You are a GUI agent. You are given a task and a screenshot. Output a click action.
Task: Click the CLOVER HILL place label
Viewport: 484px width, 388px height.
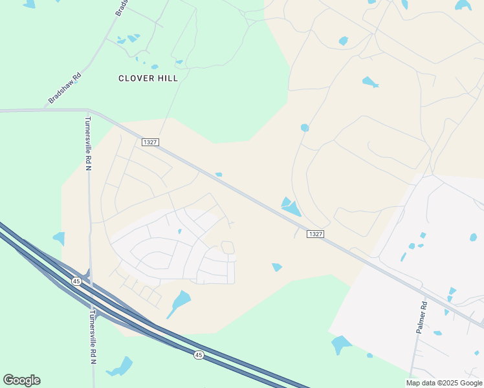click(x=148, y=78)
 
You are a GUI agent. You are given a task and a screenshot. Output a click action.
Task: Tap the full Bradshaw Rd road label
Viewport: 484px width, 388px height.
click(x=65, y=89)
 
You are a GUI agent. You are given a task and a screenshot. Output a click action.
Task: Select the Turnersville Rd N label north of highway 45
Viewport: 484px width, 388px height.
click(x=89, y=144)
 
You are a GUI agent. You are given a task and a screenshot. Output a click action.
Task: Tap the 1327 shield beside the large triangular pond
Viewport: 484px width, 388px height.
click(x=315, y=234)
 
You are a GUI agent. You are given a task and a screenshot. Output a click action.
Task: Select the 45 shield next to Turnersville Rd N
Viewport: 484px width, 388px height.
click(x=76, y=281)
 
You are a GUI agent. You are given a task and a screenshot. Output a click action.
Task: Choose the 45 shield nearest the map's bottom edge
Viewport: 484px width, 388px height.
click(x=199, y=354)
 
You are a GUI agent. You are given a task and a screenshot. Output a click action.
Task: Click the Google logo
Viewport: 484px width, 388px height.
click(x=21, y=380)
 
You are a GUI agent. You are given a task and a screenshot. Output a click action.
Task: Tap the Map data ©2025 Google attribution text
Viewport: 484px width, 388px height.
click(x=445, y=383)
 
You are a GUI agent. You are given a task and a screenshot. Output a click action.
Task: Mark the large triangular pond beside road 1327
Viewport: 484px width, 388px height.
click(x=291, y=206)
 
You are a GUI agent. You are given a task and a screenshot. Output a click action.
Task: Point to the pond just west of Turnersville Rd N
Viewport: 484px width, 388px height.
click(x=60, y=239)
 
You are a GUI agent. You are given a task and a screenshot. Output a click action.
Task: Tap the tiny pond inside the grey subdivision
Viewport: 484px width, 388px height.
click(x=179, y=231)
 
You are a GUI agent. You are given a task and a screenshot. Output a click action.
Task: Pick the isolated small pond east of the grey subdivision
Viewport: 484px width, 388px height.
click(x=277, y=267)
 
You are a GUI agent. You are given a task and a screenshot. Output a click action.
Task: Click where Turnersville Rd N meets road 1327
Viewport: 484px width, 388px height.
click(x=89, y=111)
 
